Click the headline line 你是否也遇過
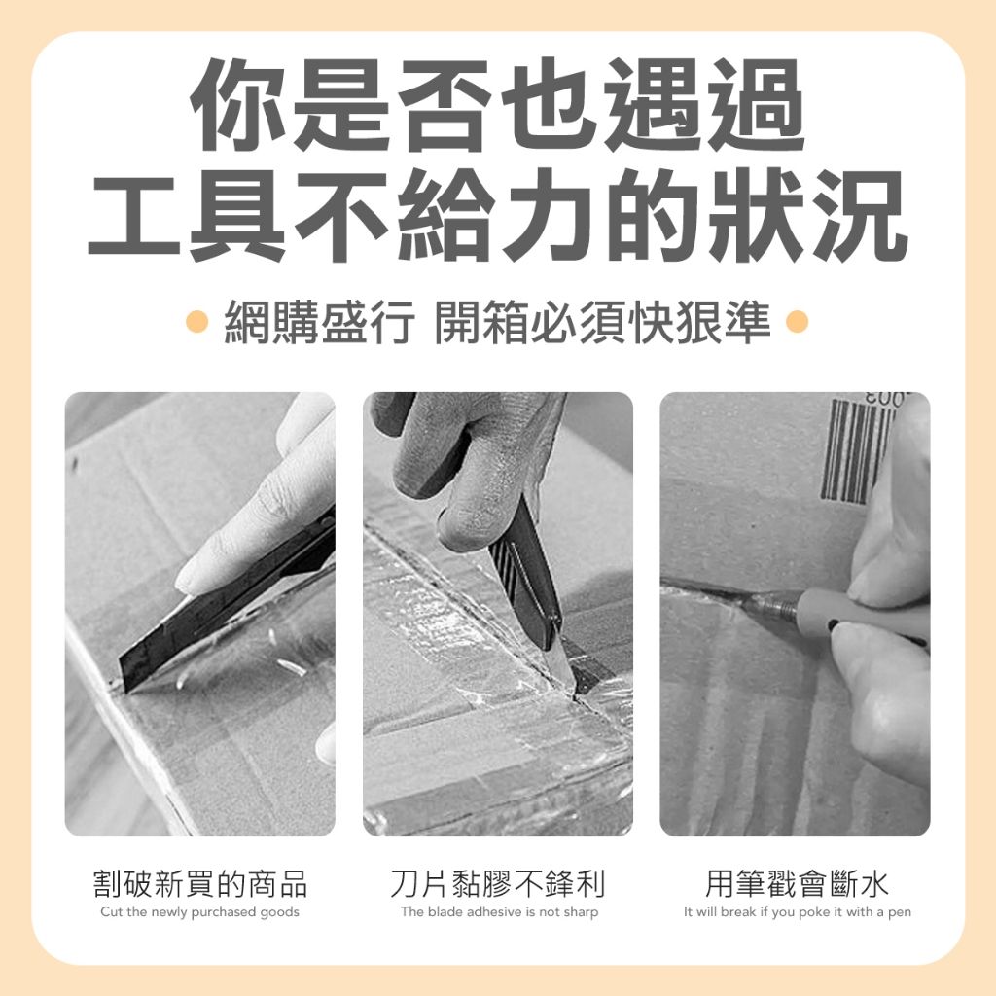click(x=498, y=105)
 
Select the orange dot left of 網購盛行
click(x=197, y=321)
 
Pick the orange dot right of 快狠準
click(x=797, y=321)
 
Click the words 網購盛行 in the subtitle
click(x=319, y=322)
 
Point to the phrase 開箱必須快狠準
click(x=602, y=322)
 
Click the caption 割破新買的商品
click(x=200, y=883)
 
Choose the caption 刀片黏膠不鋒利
click(x=498, y=883)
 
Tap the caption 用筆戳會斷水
click(x=797, y=883)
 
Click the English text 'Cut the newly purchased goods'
click(x=200, y=912)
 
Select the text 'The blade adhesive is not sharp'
click(x=499, y=912)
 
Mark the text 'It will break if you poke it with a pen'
click(x=798, y=912)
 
